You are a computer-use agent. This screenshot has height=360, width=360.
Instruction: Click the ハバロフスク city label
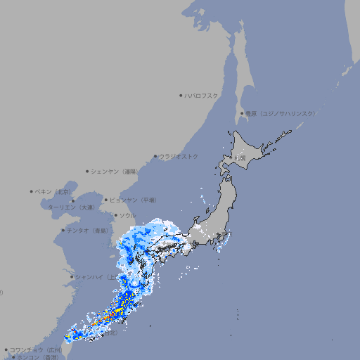pos(202,95)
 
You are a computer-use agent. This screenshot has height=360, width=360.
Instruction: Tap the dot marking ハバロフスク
pos(181,95)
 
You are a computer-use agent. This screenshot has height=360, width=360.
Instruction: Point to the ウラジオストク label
pos(179,156)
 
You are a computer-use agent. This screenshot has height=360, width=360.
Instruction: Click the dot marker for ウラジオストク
pos(155,157)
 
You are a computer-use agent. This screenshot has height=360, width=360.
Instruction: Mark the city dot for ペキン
pos(32,191)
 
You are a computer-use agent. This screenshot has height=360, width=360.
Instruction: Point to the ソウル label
pos(127,215)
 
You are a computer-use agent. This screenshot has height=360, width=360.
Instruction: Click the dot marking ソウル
pos(115,215)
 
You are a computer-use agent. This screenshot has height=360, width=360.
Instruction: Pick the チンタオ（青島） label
pos(87,230)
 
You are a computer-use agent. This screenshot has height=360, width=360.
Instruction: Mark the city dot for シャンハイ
pos(72,277)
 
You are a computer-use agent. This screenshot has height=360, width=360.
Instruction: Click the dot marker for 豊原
pos(242,114)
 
